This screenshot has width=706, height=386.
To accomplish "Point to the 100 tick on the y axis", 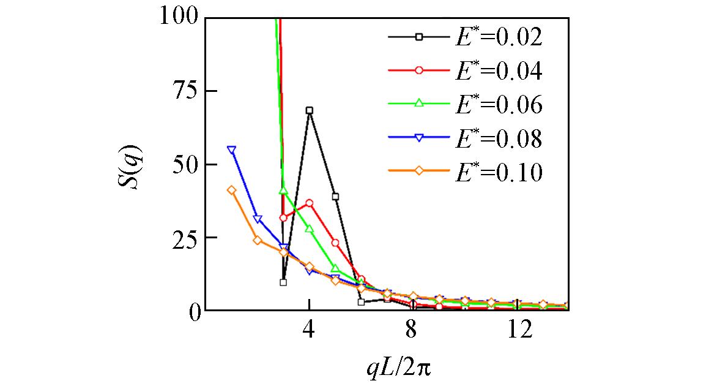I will click(x=179, y=17).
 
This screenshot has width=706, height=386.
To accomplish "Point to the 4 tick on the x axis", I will click(x=310, y=331).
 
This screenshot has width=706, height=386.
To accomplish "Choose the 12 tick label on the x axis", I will click(x=519, y=331).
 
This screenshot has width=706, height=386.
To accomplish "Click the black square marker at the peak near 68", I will click(x=310, y=110).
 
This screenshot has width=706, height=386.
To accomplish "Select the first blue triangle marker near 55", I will click(x=231, y=149).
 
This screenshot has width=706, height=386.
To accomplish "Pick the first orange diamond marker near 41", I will click(x=231, y=190).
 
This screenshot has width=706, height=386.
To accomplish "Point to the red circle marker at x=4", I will click(x=310, y=203).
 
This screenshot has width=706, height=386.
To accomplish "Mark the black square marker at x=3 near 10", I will click(x=283, y=282).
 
